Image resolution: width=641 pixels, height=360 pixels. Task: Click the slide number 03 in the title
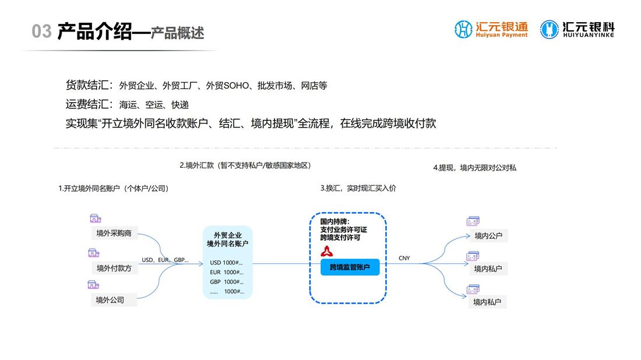tap(42, 31)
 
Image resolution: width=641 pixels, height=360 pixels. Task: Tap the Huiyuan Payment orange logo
tap(491, 30)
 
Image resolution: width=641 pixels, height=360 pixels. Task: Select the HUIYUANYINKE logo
tap(577, 30)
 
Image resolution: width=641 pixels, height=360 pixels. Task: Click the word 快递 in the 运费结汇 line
tap(180, 105)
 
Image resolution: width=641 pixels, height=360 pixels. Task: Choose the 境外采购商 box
tap(114, 234)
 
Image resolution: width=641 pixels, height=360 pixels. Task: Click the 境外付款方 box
tap(114, 269)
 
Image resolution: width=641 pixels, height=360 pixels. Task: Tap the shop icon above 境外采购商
tap(95, 218)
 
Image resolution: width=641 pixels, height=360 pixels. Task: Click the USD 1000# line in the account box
tap(227, 263)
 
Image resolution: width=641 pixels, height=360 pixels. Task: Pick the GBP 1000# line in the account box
tap(227, 282)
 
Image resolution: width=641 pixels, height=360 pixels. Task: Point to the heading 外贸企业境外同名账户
tap(228, 239)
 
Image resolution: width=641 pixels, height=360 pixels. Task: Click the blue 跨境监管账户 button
tap(350, 267)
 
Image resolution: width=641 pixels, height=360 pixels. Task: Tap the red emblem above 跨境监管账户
tap(327, 251)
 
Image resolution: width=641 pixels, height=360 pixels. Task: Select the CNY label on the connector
tap(404, 258)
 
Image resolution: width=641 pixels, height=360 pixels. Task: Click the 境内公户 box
tap(488, 236)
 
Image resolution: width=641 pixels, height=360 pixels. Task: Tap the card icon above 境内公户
tap(473, 221)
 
